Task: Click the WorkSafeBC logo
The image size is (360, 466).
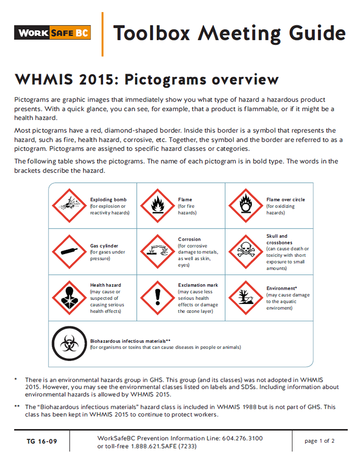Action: [x=52, y=33]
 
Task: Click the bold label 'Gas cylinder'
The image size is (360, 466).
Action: [x=104, y=246]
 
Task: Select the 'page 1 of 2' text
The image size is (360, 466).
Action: [x=319, y=441]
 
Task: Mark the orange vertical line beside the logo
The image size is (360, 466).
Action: [x=102, y=34]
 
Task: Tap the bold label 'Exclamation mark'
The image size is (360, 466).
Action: [x=198, y=285]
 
